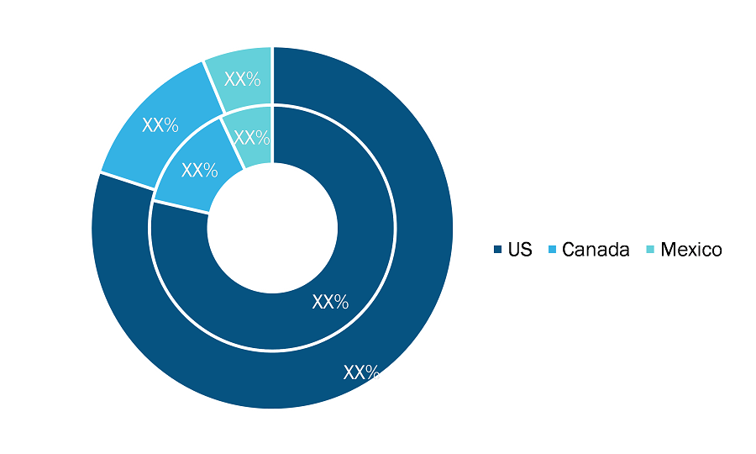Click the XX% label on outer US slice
361,372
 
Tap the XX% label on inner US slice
330,302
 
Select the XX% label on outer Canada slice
160,125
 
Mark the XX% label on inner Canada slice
200,170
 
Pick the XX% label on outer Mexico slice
243,79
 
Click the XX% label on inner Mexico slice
252,138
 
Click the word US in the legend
520,250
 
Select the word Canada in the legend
596,250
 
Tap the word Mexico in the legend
691,250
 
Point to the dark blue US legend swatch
498,250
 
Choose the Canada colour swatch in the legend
552,250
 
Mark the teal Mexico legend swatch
650,250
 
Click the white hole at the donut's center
272,228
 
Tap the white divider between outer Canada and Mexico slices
213,87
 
